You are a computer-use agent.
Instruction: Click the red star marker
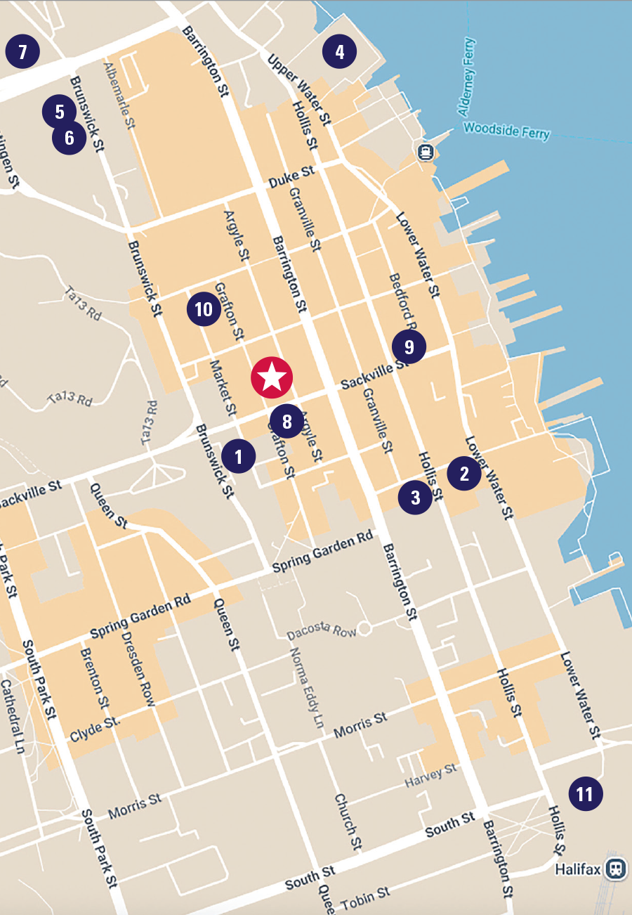point(272,378)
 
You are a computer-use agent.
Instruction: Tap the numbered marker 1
point(239,457)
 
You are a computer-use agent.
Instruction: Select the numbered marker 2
point(464,474)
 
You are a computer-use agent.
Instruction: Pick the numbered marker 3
point(415,498)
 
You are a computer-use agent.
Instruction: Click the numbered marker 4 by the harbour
point(340,52)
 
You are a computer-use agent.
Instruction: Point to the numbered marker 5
point(59,111)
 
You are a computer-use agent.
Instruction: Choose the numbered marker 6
point(70,138)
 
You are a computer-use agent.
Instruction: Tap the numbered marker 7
point(22,51)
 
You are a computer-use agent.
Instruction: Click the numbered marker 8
point(287,422)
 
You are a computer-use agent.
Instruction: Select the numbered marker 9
point(409,346)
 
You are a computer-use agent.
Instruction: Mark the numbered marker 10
point(204,310)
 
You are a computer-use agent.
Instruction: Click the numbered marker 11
point(585,794)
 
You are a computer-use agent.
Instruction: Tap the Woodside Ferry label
point(506,130)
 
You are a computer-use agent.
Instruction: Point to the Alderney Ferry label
point(468,77)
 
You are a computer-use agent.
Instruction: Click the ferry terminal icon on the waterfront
point(424,152)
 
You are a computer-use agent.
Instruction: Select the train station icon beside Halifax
point(617,869)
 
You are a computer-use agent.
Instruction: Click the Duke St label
point(291,176)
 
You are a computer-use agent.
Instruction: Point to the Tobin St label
point(365,896)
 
